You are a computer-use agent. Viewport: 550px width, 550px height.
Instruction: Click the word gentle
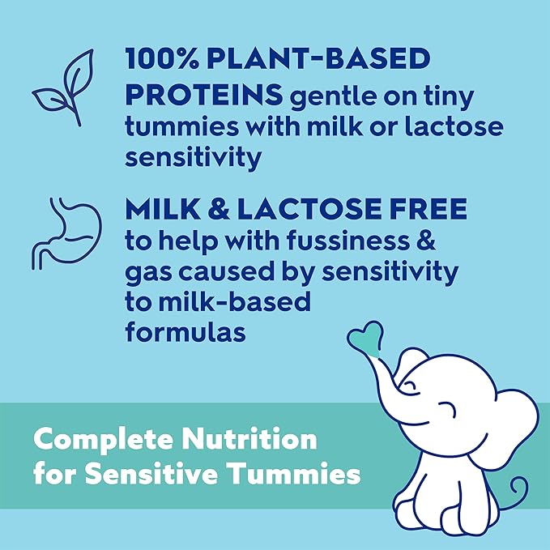coord(335,96)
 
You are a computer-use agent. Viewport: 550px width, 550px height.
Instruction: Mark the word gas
coord(147,274)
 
